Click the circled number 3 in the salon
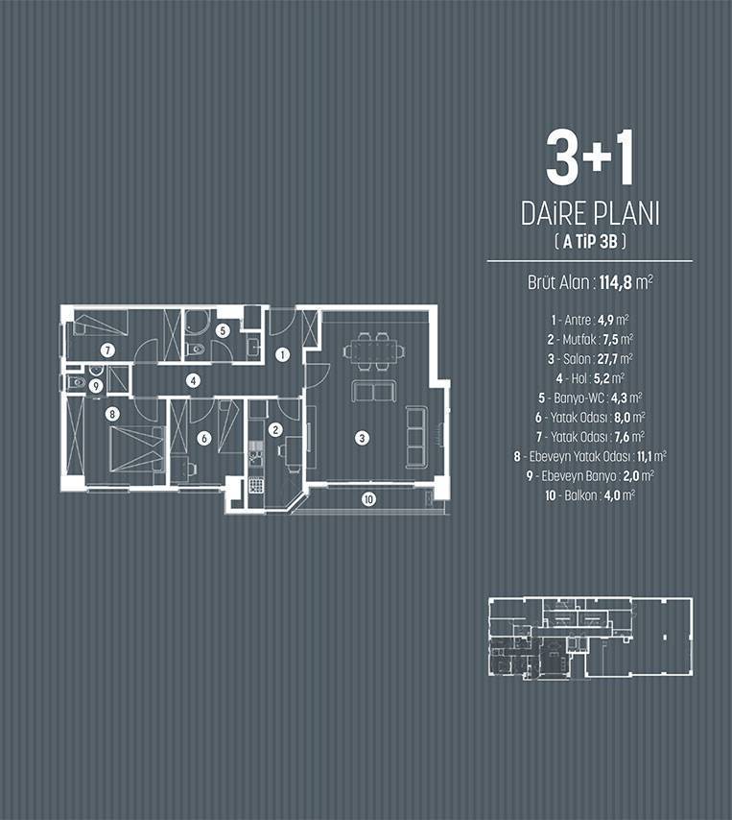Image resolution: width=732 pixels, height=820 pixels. click(362, 438)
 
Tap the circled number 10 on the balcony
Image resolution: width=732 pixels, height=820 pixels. click(368, 499)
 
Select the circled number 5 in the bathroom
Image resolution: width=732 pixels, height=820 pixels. click(223, 330)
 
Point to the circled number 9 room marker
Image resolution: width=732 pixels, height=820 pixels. click(96, 386)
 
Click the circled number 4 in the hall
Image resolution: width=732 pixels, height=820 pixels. click(194, 380)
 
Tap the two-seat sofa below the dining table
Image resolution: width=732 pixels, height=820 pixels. click(374, 392)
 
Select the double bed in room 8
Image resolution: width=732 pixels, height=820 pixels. click(136, 449)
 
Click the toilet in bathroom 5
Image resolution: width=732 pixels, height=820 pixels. click(196, 350)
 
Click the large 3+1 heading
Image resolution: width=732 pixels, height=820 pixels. click(590, 157)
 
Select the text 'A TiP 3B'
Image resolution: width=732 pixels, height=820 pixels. click(590, 242)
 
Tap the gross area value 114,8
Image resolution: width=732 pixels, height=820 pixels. click(616, 283)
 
